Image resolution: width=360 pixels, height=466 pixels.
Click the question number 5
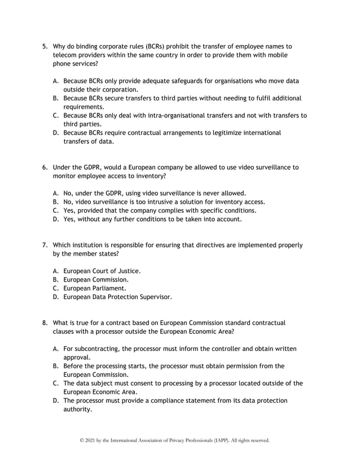click(46, 46)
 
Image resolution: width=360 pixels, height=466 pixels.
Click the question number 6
click(46, 167)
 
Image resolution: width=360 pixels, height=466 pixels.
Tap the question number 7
click(46, 245)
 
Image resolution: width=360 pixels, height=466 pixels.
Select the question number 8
click(46, 323)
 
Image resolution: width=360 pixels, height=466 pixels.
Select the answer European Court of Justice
click(102, 270)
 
